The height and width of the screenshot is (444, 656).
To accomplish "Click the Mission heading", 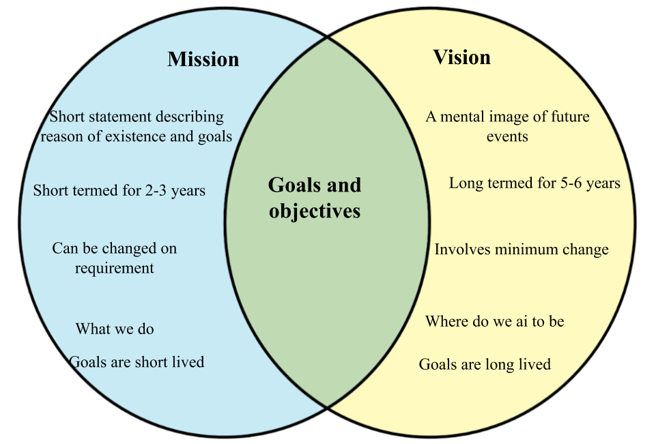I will (203, 59).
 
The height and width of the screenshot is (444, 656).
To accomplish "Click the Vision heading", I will (461, 57).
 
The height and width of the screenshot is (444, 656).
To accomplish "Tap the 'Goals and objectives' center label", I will (315, 198).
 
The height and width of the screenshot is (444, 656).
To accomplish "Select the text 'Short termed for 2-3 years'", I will (119, 190).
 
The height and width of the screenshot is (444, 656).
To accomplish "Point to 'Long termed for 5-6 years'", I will (534, 183).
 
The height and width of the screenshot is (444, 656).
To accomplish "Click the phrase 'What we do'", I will (115, 329).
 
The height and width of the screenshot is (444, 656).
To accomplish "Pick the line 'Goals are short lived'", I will (137, 361).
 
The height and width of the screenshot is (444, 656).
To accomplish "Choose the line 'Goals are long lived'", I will (485, 364).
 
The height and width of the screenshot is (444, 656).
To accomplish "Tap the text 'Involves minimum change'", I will (522, 249).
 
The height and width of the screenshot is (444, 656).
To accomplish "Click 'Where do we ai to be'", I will (495, 321).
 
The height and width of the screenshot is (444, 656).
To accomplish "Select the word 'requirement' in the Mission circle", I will (115, 268).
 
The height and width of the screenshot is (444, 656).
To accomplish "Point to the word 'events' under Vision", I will (507, 136).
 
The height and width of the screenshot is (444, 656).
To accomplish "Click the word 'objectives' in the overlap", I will (315, 211).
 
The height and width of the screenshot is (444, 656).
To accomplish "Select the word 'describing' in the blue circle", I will (190, 117).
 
